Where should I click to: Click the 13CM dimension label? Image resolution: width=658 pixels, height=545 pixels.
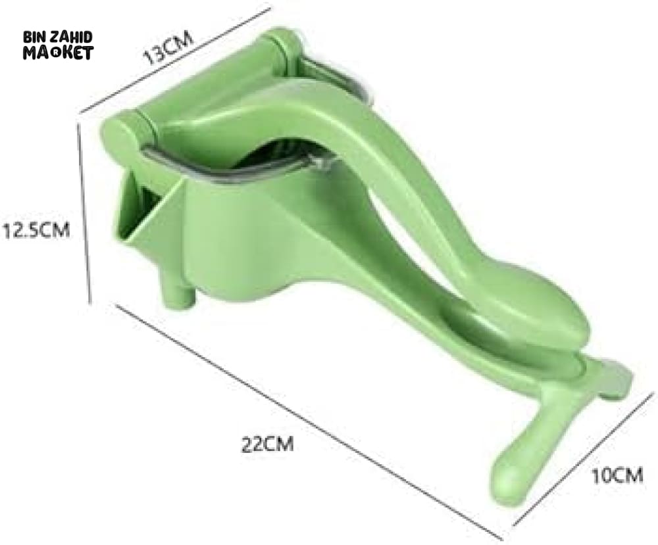click(168, 47)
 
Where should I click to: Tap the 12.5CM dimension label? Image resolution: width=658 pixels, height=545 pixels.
click(36, 230)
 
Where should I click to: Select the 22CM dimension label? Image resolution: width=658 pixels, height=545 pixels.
click(267, 444)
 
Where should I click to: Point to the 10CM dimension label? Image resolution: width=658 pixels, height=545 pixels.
click(617, 476)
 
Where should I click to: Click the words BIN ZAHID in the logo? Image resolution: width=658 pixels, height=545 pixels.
click(57, 37)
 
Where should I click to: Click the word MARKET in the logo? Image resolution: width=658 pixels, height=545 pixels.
click(58, 53)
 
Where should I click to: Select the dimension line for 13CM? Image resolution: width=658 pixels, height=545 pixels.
click(174, 60)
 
